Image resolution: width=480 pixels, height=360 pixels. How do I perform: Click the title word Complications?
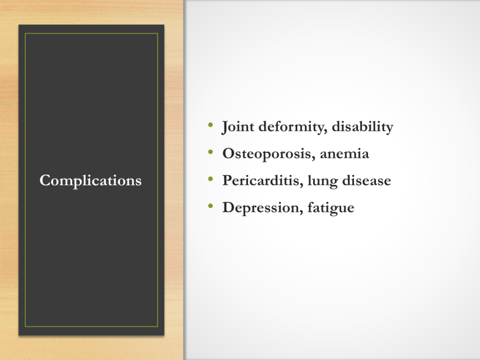90,180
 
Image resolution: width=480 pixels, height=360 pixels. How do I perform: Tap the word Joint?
238,127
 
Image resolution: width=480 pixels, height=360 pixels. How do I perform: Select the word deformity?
293,127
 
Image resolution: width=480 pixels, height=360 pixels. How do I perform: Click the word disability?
362,127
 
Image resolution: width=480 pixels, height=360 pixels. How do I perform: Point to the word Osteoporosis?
269,154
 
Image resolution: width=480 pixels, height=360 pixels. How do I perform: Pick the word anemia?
345,154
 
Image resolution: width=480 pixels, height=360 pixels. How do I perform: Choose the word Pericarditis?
263,180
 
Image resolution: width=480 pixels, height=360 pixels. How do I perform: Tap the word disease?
367,180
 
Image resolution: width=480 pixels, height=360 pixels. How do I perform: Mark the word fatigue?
331,208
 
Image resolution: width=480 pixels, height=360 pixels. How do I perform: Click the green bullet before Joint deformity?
210,125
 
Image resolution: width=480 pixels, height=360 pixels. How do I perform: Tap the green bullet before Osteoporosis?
210,151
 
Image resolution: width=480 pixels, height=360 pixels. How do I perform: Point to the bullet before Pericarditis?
210,179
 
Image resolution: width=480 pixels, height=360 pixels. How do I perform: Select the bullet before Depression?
210,206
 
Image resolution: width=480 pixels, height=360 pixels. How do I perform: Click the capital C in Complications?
45,180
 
